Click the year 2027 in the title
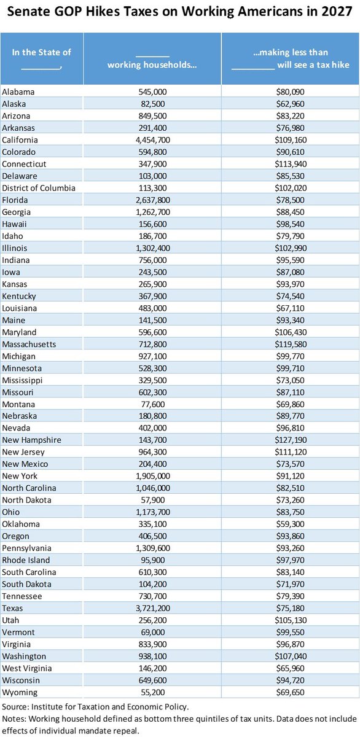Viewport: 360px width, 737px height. [x=337, y=12]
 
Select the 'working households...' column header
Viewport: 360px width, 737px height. [x=152, y=64]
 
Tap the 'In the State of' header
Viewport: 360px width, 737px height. [x=41, y=52]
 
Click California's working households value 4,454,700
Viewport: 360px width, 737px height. [x=153, y=140]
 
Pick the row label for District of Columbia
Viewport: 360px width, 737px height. [x=39, y=188]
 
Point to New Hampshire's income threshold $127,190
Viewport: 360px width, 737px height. [x=291, y=440]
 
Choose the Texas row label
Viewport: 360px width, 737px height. [x=12, y=608]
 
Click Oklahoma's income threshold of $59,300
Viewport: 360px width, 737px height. [x=290, y=524]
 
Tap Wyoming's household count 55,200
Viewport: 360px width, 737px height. [x=153, y=692]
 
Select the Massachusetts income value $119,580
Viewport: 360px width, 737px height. [x=291, y=344]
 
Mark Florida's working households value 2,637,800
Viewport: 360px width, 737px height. [x=153, y=200]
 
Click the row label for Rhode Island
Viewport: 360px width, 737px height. [x=26, y=560]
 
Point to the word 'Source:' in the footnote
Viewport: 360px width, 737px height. [x=15, y=707]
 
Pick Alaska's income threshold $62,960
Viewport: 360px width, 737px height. [x=290, y=104]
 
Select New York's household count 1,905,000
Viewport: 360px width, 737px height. [x=153, y=476]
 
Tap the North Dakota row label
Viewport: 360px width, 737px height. [x=26, y=500]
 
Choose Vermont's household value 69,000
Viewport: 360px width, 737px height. [x=153, y=632]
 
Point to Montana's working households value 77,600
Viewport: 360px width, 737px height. [x=153, y=404]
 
